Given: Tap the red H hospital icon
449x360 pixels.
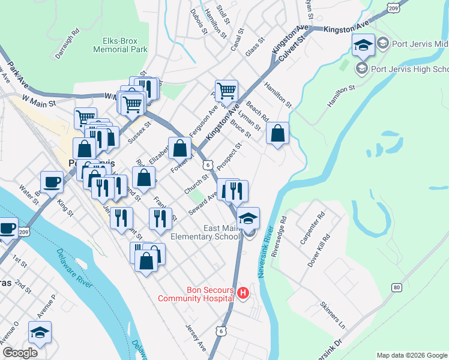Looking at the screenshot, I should [x=243, y=293].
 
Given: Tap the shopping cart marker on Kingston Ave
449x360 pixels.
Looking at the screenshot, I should [x=226, y=92].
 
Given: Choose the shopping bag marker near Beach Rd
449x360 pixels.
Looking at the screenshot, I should [x=277, y=134].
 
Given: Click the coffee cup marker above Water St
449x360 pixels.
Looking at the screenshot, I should [x=52, y=181].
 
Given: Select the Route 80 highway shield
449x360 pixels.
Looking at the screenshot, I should [x=397, y=288].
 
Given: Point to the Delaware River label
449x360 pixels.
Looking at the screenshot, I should [x=75, y=268].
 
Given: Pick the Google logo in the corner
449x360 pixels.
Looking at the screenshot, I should [x=20, y=353].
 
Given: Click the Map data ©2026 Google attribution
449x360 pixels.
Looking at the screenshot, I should [x=412, y=355].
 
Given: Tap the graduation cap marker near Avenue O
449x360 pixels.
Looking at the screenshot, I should [x=40, y=332].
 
